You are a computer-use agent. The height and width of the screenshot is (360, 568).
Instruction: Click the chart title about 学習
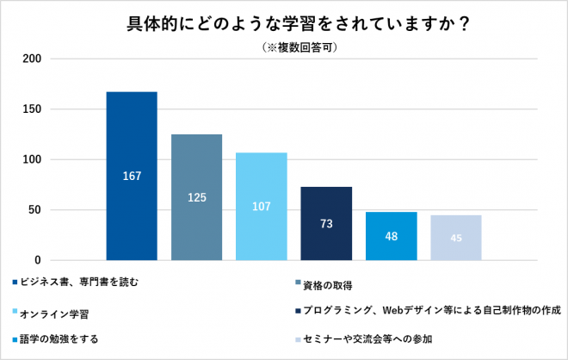284,23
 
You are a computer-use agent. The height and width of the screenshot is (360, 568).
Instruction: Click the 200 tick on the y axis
33,59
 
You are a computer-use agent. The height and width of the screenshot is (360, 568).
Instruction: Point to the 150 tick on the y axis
33,109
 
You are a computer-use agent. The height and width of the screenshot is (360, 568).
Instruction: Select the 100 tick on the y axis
33,159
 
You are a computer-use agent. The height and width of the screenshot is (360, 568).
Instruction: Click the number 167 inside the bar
132,177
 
